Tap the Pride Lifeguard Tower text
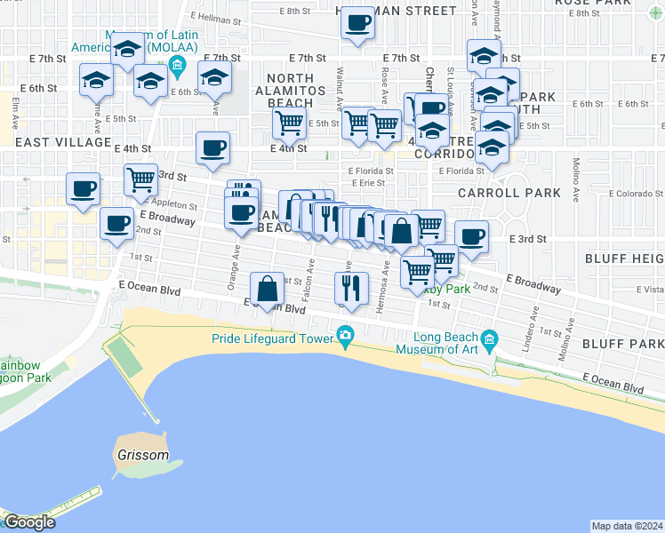[x=271, y=338]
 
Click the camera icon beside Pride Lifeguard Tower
[x=345, y=336]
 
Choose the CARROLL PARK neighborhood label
[x=509, y=192]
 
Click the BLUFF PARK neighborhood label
[x=622, y=343]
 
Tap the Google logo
[x=28, y=522]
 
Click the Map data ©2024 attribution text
[x=627, y=526]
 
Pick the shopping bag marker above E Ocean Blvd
[x=267, y=288]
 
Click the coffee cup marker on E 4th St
[x=212, y=147]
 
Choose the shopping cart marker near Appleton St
[x=140, y=179]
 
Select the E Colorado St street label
[x=620, y=194]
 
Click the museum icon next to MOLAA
[x=176, y=65]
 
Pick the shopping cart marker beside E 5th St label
[x=290, y=123]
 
